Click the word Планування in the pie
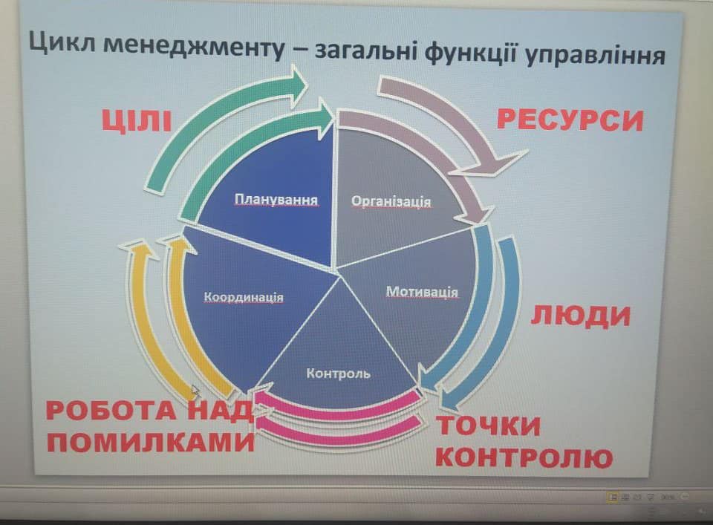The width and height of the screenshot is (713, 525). click(x=276, y=200)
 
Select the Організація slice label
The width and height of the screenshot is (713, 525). click(x=391, y=201)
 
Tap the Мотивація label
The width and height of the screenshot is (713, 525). click(x=422, y=291)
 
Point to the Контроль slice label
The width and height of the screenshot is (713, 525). click(x=339, y=374)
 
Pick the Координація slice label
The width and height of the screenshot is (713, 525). click(x=244, y=297)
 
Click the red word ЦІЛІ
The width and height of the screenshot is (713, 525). click(x=137, y=121)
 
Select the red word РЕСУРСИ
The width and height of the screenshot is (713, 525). click(x=570, y=120)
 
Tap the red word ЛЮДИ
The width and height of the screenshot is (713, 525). click(x=581, y=316)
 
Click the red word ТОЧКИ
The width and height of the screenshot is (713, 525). click(x=489, y=426)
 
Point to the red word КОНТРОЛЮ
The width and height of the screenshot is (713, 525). click(x=524, y=457)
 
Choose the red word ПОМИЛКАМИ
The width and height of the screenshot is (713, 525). click(x=151, y=441)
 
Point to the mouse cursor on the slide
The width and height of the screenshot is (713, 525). click(x=195, y=391)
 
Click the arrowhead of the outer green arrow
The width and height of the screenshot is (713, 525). click(x=298, y=86)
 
